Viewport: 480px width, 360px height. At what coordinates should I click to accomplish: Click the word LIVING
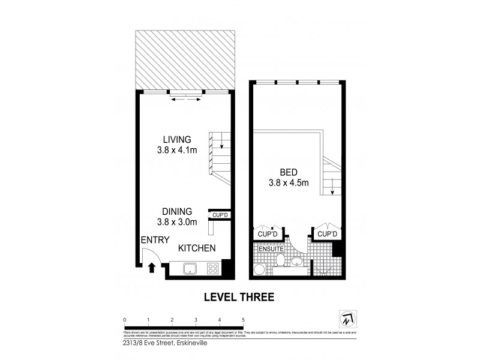[171, 139]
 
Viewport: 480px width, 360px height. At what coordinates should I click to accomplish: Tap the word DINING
[176, 211]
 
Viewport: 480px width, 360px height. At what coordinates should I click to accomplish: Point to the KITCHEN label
[197, 248]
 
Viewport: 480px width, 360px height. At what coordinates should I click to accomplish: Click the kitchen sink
[190, 268]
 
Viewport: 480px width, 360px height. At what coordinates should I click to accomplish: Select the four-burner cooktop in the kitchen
[212, 268]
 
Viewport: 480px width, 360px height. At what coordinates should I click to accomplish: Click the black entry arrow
[151, 268]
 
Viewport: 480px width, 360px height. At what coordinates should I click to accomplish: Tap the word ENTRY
[154, 240]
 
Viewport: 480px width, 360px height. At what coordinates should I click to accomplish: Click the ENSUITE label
[271, 248]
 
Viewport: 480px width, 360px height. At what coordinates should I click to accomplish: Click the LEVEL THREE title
[239, 296]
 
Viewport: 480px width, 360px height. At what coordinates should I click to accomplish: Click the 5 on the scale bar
[243, 319]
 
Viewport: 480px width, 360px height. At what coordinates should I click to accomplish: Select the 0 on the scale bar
[124, 319]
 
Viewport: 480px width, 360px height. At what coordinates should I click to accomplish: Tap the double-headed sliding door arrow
[187, 100]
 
